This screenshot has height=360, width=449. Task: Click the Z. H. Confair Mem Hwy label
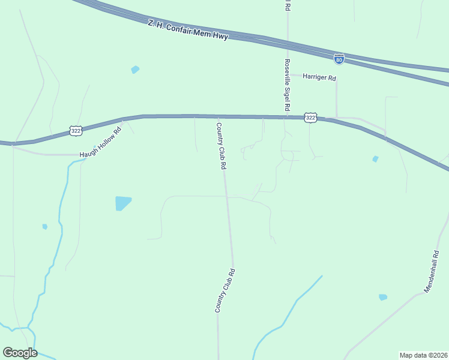(188, 30)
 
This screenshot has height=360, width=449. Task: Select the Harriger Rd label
(319, 77)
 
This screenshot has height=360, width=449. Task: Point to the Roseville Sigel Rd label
(288, 84)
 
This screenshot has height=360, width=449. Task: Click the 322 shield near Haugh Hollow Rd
(76, 130)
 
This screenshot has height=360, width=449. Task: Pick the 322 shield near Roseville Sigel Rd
(310, 118)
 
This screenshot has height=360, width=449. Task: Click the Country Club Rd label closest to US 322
(221, 146)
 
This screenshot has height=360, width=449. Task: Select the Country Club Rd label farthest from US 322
(224, 290)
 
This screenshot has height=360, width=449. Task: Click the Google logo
(20, 353)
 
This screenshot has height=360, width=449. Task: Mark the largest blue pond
(122, 203)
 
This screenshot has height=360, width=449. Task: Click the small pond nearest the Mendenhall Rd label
(383, 297)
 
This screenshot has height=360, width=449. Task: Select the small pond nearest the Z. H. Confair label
(135, 70)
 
